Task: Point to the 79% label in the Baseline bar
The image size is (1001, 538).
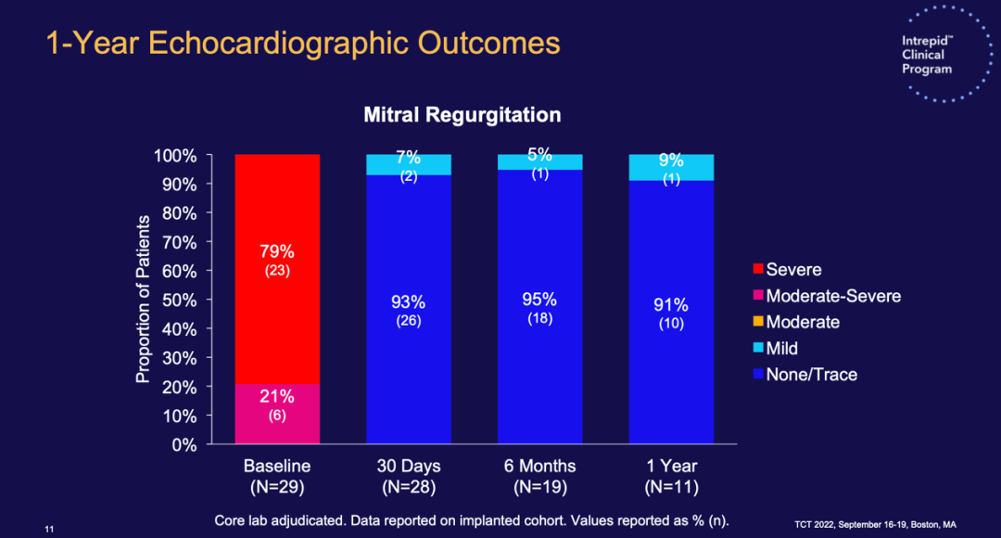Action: pos(276,252)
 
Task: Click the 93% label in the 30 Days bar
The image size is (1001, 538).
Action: pos(408,301)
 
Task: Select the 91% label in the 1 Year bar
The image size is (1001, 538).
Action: pos(671,304)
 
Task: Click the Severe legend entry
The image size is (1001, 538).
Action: pos(793,270)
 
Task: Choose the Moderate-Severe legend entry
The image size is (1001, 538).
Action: pos(832,296)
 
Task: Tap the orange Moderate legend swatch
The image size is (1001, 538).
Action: pos(758,323)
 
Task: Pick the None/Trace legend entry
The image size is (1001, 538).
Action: pos(811,375)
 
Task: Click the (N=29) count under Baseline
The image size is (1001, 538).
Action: pos(276,487)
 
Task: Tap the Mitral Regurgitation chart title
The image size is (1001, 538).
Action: pos(462,115)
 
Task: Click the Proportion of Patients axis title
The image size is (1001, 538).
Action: pos(144,299)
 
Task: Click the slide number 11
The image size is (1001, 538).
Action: pos(50,529)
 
